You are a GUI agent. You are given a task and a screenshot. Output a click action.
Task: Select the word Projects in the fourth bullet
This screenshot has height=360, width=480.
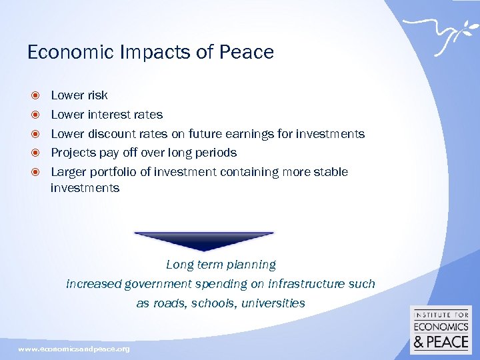73,153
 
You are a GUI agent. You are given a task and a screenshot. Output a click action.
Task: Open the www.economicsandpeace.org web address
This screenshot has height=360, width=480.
74,349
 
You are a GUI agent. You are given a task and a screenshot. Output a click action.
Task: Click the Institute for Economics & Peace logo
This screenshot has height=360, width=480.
441,330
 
